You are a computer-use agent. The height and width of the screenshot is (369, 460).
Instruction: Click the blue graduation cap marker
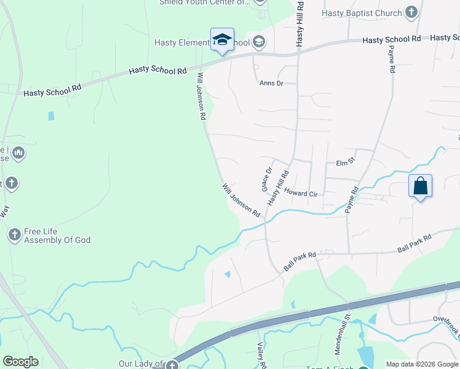(x=222, y=41)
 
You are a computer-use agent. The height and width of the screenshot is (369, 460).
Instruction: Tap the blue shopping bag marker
(x=420, y=186)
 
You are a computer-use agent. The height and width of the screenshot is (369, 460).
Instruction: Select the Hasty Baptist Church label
(x=362, y=13)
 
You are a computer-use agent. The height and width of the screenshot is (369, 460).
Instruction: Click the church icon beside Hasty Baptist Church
(x=411, y=12)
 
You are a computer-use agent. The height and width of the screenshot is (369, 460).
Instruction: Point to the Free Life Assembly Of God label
(x=57, y=236)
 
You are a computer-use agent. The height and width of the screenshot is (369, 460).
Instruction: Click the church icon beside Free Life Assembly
(x=14, y=234)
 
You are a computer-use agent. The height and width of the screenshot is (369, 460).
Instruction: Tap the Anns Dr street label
(x=271, y=83)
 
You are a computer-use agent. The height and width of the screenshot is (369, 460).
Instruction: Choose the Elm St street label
(x=346, y=162)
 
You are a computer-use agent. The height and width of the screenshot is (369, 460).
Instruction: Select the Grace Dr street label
(x=267, y=179)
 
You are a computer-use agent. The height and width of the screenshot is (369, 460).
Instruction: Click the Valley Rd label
(x=261, y=355)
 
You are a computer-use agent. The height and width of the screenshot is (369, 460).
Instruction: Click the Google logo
(x=20, y=362)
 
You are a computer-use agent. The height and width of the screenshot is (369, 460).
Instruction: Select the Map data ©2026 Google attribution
(x=422, y=364)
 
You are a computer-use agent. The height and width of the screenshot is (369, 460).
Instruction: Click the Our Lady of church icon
(x=174, y=365)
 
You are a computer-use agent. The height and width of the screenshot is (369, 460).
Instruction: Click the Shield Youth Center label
(x=205, y=2)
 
